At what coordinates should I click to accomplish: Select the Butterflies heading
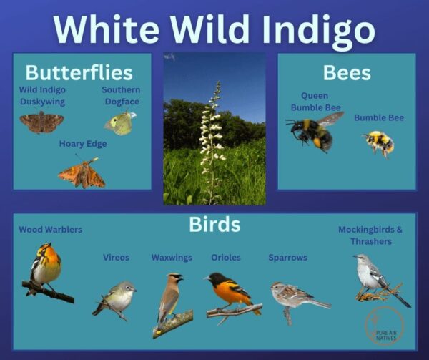(79, 72)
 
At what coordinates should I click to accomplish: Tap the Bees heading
(346, 72)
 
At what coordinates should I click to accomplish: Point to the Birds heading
(214, 225)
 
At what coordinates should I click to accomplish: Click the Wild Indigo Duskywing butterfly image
(41, 122)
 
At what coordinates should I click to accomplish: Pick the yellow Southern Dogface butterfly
(120, 123)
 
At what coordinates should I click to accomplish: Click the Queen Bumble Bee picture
(313, 131)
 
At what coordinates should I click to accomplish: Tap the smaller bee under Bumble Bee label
(379, 142)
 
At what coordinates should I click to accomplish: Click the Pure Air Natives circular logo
(384, 326)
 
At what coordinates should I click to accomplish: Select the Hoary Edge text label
(83, 144)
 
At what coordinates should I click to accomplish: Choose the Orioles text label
(226, 258)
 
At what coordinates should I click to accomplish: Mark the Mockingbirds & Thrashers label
(370, 235)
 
